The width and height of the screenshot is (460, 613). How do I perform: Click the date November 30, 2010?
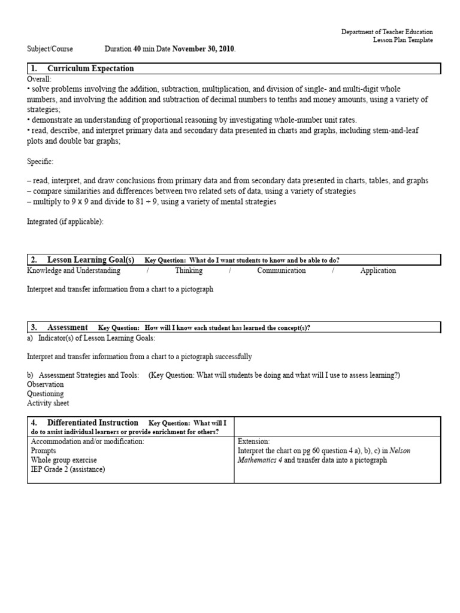(x=204, y=49)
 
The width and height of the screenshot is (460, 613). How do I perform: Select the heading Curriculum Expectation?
(x=90, y=69)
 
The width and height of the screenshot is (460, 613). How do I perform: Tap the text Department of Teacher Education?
(x=387, y=32)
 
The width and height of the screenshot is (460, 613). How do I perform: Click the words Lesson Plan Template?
(x=402, y=40)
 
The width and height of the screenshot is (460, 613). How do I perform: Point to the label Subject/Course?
(x=49, y=49)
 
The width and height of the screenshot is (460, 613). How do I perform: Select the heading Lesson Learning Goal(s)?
(x=90, y=260)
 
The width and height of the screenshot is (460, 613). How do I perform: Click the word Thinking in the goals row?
(x=189, y=271)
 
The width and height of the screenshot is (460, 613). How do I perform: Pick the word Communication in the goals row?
(x=282, y=271)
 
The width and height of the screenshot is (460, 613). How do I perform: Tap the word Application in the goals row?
(x=378, y=271)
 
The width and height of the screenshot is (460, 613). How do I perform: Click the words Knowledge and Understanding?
(x=74, y=271)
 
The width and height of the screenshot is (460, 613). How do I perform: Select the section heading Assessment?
(x=67, y=327)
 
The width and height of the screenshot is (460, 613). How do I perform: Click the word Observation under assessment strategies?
(x=46, y=384)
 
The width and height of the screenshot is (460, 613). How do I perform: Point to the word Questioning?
(x=46, y=394)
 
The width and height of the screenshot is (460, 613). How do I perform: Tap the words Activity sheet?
(x=48, y=403)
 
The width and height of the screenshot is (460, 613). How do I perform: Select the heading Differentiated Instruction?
(x=92, y=423)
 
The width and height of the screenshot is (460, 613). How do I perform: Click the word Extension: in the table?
(x=254, y=441)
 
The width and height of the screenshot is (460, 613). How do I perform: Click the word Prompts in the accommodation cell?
(x=43, y=451)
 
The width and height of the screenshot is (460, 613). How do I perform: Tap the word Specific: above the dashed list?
(x=41, y=162)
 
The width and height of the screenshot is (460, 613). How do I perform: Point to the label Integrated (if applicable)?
(x=65, y=221)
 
